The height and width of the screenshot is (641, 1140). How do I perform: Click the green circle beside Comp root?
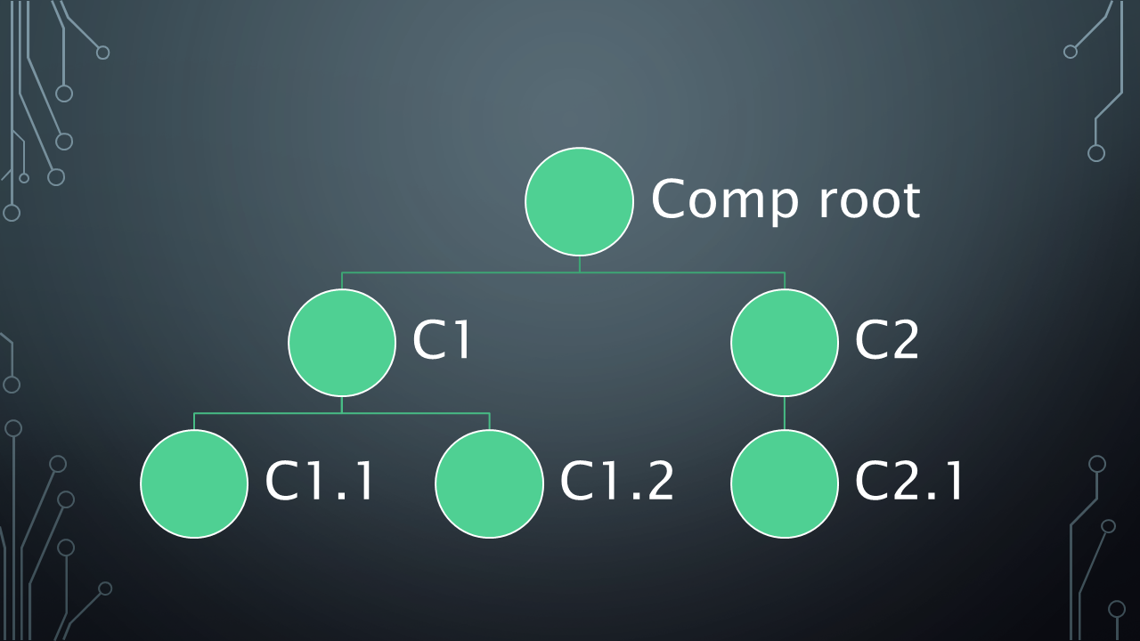point(579,202)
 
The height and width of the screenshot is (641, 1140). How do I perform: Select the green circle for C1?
point(342,343)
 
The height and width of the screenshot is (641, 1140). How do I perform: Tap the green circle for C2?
point(785,343)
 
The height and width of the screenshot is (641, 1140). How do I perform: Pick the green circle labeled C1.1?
point(194,483)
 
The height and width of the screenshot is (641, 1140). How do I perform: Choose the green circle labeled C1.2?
point(489,483)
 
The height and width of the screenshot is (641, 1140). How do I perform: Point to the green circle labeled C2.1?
point(785,483)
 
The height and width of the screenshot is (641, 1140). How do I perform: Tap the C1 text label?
point(441,341)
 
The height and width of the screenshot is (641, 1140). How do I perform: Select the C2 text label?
point(886,341)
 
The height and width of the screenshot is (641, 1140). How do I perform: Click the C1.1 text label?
point(320,482)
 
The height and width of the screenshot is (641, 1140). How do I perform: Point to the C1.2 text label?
point(616,482)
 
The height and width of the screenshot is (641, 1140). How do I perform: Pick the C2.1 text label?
point(909,482)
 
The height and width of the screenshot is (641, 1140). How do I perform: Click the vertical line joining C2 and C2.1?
point(785,413)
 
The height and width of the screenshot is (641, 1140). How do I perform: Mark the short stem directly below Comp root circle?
point(579,264)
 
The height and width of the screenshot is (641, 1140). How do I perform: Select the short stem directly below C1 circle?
point(342,405)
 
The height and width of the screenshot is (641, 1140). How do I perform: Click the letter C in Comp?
point(670,199)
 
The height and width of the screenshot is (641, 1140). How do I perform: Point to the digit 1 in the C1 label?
point(460,341)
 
